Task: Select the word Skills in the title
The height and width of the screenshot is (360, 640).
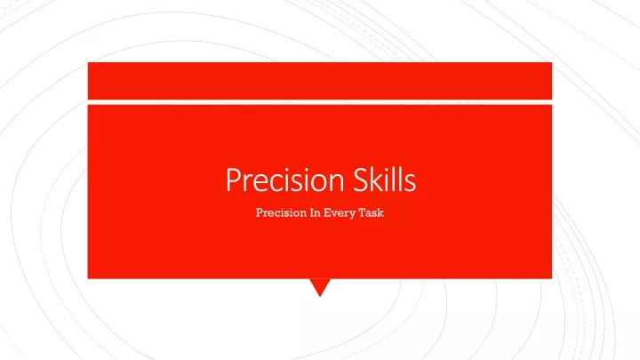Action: pos(385,179)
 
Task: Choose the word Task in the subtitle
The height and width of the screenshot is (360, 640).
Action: pos(371,212)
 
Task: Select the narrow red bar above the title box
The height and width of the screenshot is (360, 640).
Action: pos(320,81)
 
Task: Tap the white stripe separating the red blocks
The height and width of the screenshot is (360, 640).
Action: pos(320,102)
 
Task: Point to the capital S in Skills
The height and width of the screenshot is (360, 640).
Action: pos(361,180)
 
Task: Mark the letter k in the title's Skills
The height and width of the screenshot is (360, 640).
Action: pos(379,179)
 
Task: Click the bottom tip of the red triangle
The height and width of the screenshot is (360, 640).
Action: pos(320,297)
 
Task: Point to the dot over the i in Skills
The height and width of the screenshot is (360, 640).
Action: pos(389,169)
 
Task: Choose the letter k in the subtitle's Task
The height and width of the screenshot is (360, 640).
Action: pos(380,212)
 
